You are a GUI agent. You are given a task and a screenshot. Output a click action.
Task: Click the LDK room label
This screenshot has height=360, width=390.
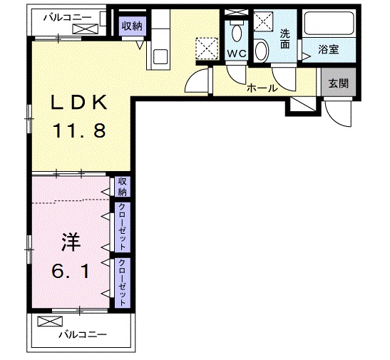(78, 103)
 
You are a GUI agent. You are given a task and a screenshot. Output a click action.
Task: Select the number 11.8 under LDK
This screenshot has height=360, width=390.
(78, 130)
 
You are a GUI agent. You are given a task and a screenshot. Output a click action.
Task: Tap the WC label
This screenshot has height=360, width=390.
(237, 53)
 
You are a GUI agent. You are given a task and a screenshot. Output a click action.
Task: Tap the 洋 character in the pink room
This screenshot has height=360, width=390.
(69, 242)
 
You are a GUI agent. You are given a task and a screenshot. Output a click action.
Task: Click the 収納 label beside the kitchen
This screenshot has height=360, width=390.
(131, 26)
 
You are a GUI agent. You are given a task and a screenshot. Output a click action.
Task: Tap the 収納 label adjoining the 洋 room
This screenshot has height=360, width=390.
(123, 187)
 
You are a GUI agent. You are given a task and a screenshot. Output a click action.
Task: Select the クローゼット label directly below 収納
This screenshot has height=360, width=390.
(123, 227)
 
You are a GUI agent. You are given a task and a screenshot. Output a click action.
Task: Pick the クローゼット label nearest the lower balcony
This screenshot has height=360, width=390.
(123, 283)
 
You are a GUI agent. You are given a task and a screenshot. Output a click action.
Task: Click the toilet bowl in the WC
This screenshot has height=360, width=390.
(237, 33)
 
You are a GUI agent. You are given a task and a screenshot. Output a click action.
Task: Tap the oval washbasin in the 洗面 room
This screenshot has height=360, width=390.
(262, 51)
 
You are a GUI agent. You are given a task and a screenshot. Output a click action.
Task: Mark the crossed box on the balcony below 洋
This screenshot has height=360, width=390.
(46, 322)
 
